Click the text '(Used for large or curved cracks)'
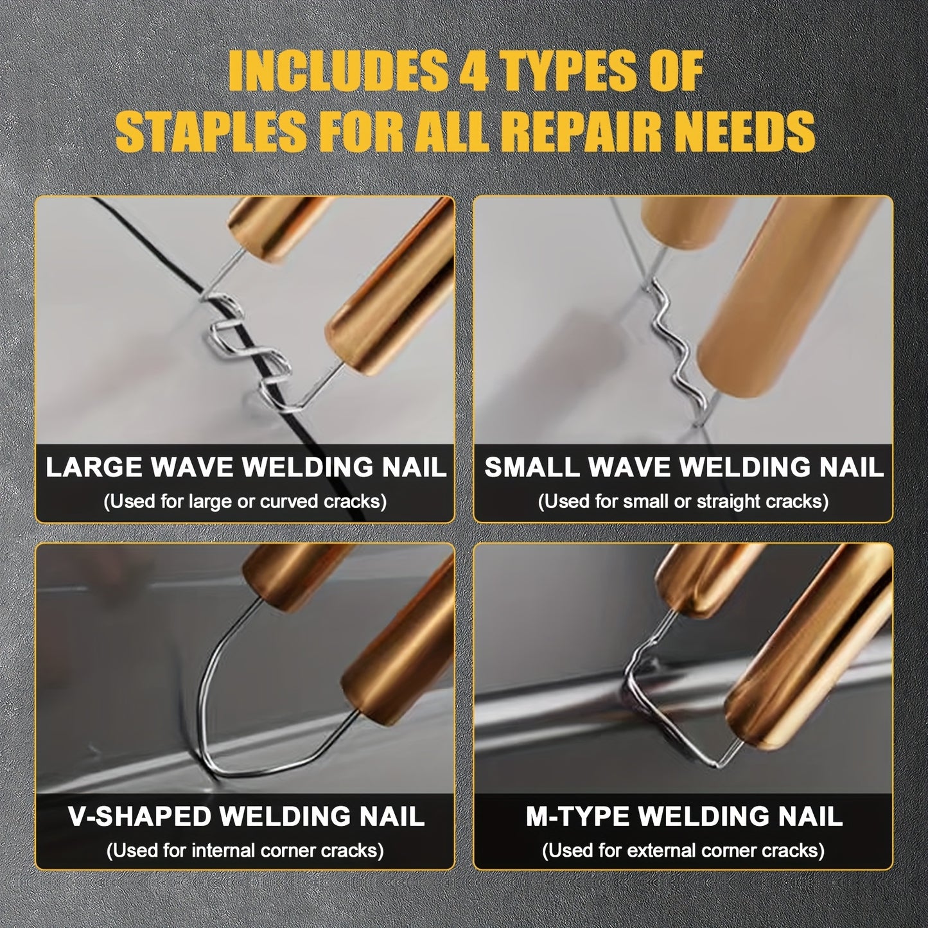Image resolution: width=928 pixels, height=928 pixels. point(245,502)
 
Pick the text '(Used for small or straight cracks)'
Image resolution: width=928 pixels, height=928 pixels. point(683,502)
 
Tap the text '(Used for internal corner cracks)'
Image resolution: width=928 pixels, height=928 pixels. point(245,850)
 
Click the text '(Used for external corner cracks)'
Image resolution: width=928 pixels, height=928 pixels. point(683,850)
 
